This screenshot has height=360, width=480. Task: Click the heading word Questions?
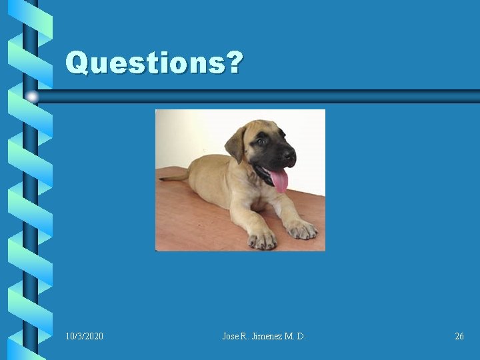click(154, 63)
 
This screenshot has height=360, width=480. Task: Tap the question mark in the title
click(234, 63)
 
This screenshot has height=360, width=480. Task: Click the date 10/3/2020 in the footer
click(85, 337)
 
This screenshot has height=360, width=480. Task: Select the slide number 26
click(459, 337)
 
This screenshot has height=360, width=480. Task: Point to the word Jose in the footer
click(231, 337)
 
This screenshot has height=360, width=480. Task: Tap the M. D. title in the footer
click(295, 337)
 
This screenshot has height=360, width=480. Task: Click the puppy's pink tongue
click(279, 179)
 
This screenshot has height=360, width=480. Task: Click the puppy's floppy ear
click(236, 142)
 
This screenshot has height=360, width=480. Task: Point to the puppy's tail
click(173, 177)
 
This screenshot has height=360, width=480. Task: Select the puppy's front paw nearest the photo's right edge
click(301, 230)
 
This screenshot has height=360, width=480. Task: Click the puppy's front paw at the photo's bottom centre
click(261, 239)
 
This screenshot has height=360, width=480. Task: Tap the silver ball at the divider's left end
click(32, 97)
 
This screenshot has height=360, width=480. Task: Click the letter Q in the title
click(77, 63)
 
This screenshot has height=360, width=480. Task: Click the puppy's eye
click(261, 142)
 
